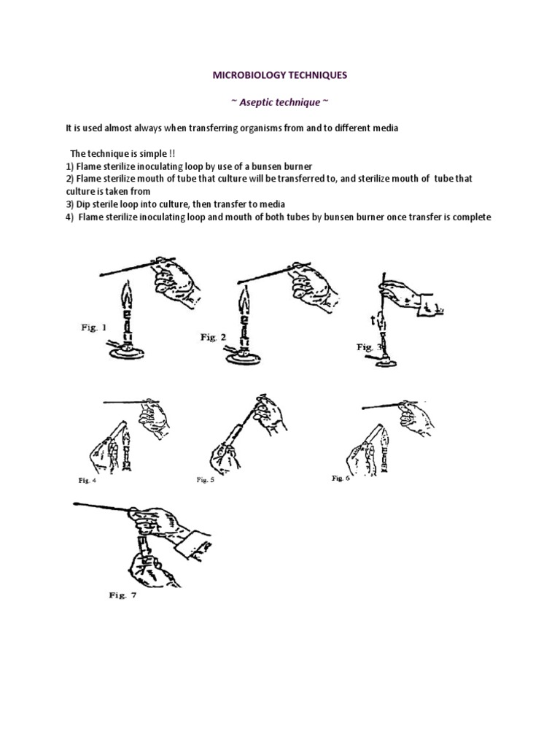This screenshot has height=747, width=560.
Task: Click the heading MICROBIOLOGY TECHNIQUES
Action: tap(280, 75)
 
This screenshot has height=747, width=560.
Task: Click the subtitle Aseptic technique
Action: tap(279, 101)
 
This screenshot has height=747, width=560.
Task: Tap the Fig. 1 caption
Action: tap(93, 328)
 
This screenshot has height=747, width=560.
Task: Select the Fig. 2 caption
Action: tap(214, 337)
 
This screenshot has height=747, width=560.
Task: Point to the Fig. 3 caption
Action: tap(365, 347)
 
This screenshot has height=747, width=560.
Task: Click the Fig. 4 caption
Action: tap(87, 480)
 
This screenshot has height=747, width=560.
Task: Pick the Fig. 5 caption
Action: tap(205, 480)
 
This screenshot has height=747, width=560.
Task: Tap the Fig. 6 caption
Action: tap(341, 478)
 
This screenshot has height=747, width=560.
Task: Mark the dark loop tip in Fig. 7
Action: tap(76, 503)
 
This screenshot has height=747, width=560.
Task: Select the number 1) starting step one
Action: tap(70, 166)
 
